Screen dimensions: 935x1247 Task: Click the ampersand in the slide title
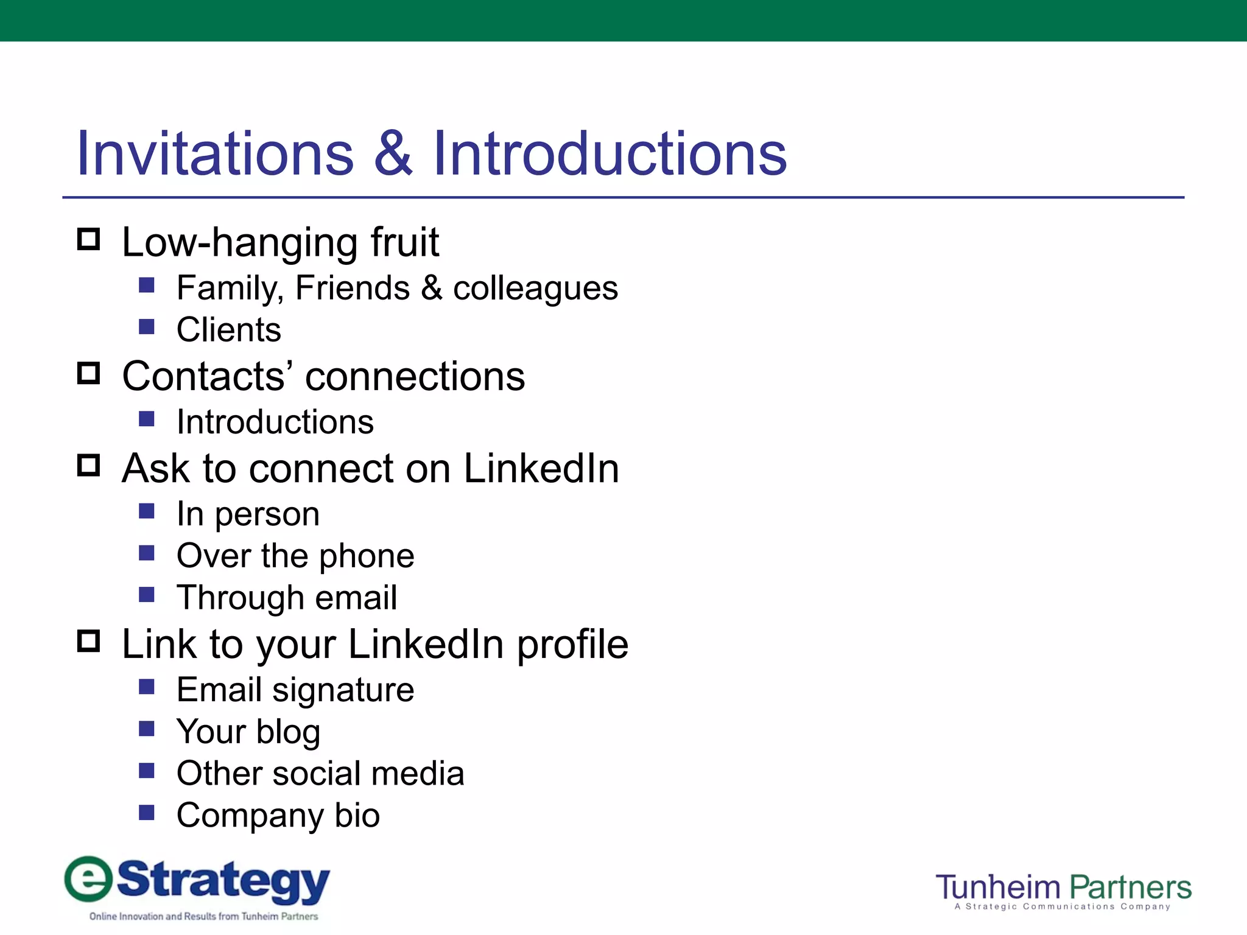pyautogui.click(x=393, y=154)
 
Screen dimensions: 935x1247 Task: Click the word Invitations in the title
pyautogui.click(x=215, y=154)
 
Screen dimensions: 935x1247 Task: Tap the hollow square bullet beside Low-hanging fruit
pyautogui.click(x=89, y=239)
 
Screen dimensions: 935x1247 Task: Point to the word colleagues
pyautogui.click(x=535, y=289)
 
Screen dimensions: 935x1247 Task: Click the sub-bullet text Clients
pyautogui.click(x=229, y=330)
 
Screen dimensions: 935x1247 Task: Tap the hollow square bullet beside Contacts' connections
pyautogui.click(x=89, y=373)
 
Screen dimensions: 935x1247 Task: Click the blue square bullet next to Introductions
pyautogui.click(x=147, y=419)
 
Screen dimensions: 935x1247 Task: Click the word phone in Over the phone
pyautogui.click(x=367, y=556)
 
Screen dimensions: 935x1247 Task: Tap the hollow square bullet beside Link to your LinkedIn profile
pyautogui.click(x=89, y=641)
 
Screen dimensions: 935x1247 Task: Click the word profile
pyautogui.click(x=572, y=645)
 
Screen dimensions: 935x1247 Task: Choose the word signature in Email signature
pyautogui.click(x=343, y=690)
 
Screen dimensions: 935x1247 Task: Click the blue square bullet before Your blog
pyautogui.click(x=147, y=729)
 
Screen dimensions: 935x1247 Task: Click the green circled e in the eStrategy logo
pyautogui.click(x=89, y=879)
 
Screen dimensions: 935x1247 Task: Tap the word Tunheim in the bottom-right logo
pyautogui.click(x=998, y=888)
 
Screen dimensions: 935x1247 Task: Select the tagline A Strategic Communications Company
pyautogui.click(x=1063, y=907)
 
